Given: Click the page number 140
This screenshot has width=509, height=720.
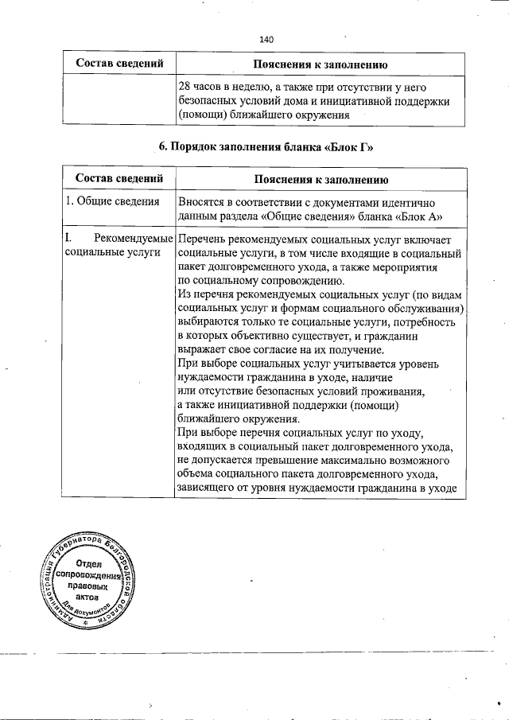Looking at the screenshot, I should tap(266, 38).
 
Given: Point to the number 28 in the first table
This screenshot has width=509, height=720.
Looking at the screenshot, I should tap(185, 86).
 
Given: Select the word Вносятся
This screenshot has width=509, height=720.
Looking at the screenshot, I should tap(204, 202).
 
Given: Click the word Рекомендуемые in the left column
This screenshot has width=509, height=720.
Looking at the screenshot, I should tap(133, 238).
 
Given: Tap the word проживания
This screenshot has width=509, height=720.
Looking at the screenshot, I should tap(390, 391).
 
